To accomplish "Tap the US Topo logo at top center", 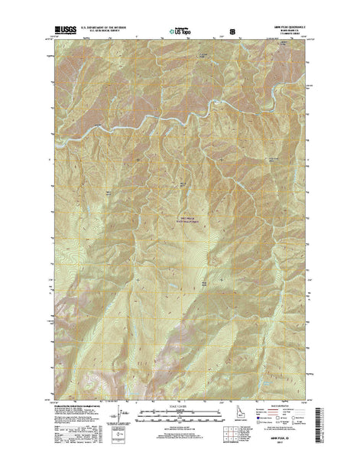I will [180, 33].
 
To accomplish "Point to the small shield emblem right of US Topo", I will [222, 33].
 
